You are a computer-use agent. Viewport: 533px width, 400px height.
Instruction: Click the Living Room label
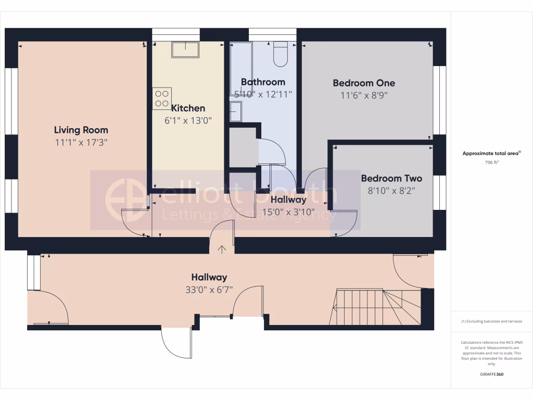(x=81, y=130)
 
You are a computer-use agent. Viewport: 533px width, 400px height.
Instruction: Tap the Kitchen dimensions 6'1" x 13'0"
(x=188, y=120)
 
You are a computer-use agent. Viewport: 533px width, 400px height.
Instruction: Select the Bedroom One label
(x=364, y=83)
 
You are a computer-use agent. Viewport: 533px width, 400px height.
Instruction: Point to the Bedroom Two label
(x=391, y=178)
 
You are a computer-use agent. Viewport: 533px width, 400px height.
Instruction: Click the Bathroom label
(x=263, y=82)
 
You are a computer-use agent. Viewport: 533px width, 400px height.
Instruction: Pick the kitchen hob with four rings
(x=162, y=98)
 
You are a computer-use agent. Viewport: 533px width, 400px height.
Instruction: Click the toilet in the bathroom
(x=281, y=54)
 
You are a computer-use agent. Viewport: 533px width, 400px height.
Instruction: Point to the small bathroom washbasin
(x=235, y=111)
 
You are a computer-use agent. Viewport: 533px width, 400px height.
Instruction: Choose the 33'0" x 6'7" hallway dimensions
(x=209, y=290)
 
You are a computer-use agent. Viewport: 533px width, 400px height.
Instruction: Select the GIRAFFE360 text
(x=492, y=374)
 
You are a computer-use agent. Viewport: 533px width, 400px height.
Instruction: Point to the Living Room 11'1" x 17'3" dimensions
(x=81, y=142)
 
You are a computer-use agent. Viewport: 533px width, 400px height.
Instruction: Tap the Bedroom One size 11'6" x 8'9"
(x=364, y=95)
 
